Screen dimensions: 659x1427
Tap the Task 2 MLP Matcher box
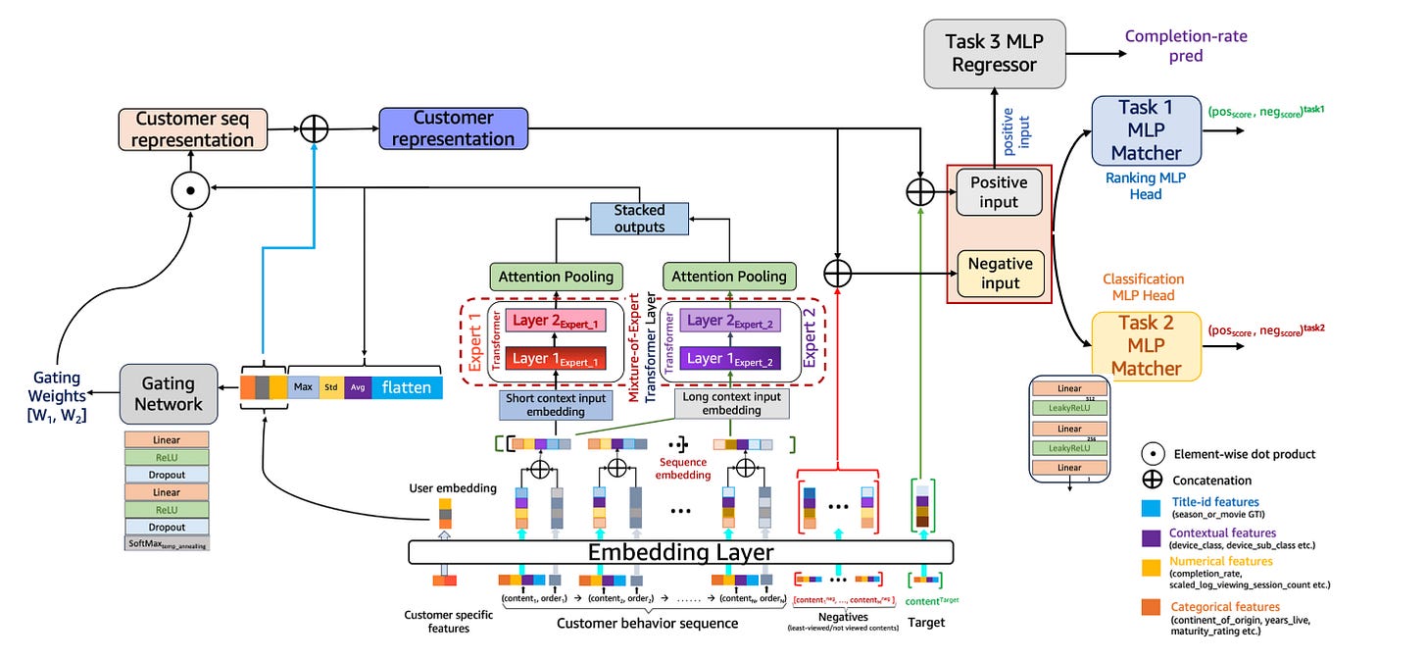coord(1146,346)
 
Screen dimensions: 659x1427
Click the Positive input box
coord(999,192)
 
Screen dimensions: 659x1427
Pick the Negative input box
coord(999,273)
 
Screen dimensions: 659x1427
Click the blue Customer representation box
coord(453,128)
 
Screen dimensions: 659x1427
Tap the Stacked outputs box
coord(639,219)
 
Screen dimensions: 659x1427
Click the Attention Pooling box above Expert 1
coord(556,277)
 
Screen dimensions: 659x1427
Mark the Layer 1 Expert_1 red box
coord(557,359)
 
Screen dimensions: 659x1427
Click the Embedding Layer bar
coord(680,551)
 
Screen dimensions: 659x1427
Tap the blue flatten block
coord(407,387)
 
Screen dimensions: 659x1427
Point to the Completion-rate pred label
coord(1186,46)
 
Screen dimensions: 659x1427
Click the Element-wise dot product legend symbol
coord(1154,454)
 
